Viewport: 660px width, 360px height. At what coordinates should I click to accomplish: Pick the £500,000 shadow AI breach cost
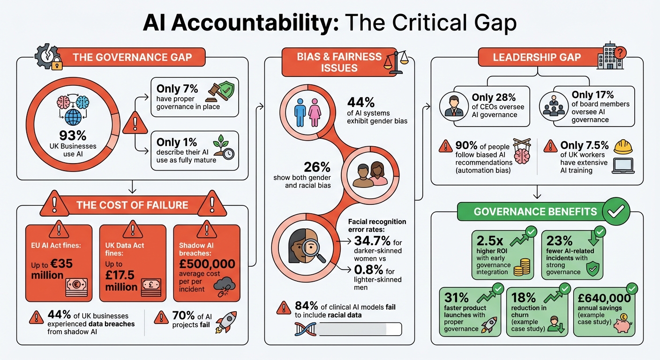(x=207, y=264)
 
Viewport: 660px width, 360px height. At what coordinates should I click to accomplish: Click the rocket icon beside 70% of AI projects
(x=226, y=322)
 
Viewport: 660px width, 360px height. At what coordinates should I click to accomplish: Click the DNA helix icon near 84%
(x=303, y=329)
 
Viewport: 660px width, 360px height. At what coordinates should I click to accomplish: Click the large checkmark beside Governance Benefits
(x=615, y=212)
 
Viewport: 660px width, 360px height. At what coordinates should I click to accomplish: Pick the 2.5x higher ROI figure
(x=491, y=241)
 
